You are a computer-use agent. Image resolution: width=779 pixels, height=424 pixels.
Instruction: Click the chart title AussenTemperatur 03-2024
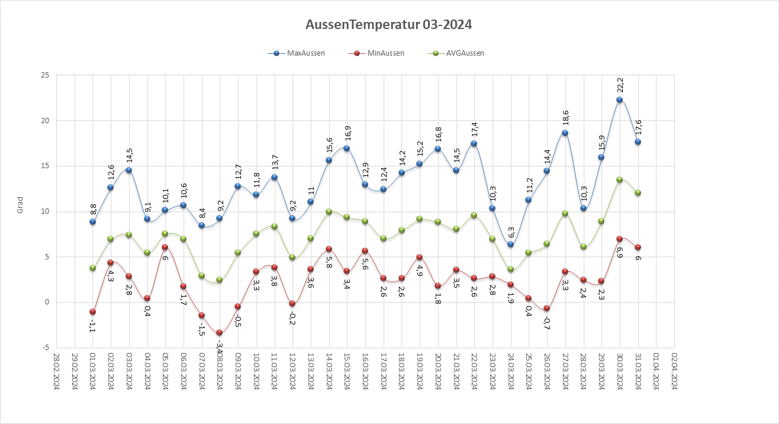(389, 25)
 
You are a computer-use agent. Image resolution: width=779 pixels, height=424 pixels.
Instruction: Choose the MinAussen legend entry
(384, 53)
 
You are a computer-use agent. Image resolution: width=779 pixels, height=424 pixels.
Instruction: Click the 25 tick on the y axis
(44, 75)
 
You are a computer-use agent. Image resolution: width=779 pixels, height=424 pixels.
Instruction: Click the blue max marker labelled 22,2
(620, 99)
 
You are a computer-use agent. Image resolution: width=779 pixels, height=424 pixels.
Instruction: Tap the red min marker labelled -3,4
(219, 333)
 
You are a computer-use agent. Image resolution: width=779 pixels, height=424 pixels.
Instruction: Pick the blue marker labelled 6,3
(511, 245)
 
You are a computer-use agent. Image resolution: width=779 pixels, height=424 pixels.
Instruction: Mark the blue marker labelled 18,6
(565, 133)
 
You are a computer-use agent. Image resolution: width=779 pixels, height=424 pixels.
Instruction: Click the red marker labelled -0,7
(547, 309)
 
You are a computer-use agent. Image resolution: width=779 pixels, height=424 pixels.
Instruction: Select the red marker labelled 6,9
(620, 239)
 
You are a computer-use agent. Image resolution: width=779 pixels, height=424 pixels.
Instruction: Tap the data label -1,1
(92, 325)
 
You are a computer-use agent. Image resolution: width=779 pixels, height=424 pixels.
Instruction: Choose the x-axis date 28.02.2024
(56, 371)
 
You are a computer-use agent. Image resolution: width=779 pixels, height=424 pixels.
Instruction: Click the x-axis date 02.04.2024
(675, 371)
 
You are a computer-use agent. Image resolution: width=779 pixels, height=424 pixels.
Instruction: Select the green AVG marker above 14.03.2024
(329, 211)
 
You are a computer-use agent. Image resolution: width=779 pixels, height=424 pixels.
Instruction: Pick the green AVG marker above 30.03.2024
(620, 179)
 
